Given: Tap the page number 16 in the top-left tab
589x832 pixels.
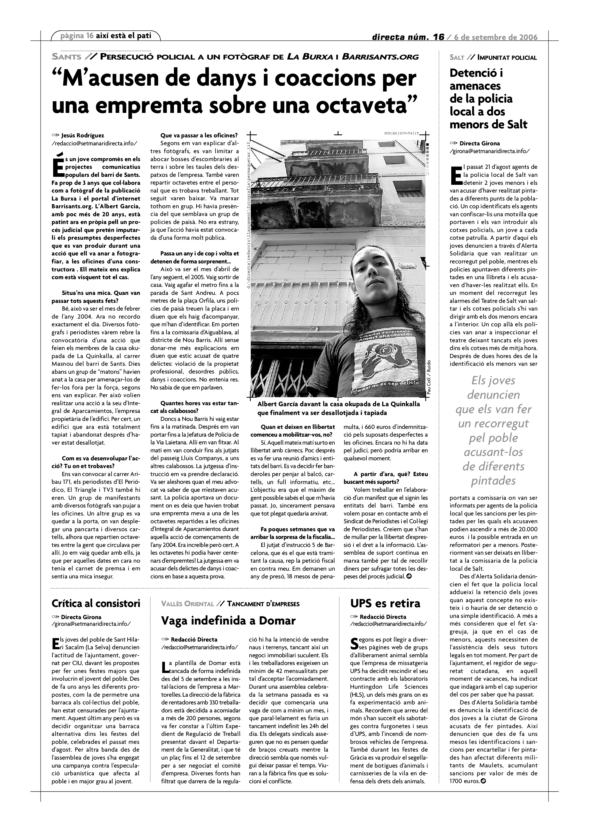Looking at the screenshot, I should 90,36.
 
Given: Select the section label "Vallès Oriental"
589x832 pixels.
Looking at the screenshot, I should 188,604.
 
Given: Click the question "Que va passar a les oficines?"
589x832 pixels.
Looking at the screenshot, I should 199,136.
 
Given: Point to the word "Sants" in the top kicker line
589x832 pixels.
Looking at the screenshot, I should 66,57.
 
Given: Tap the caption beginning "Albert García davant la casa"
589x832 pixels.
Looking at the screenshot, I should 338,408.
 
